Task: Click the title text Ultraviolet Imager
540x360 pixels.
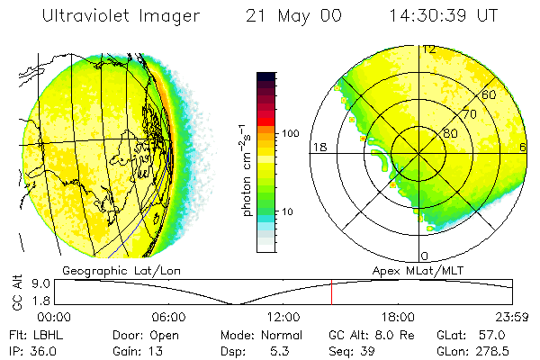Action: pos(108,16)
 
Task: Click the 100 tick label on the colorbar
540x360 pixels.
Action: pos(289,133)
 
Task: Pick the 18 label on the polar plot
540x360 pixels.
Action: pos(318,147)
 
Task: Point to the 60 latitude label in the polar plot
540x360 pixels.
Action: pos(490,94)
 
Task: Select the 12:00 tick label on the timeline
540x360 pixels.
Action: pos(283,317)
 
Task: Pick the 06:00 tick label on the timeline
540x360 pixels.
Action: pos(168,317)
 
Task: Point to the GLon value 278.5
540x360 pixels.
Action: pos(509,349)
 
